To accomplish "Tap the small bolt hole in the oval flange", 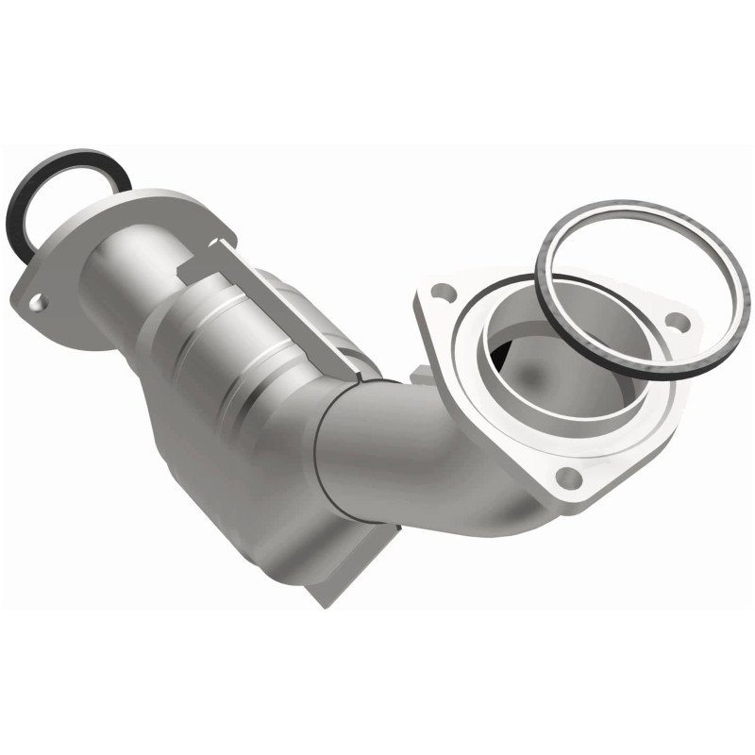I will (x=36, y=303).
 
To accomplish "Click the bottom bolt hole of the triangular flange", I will (x=566, y=477).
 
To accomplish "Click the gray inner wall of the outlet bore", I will (x=566, y=377).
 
